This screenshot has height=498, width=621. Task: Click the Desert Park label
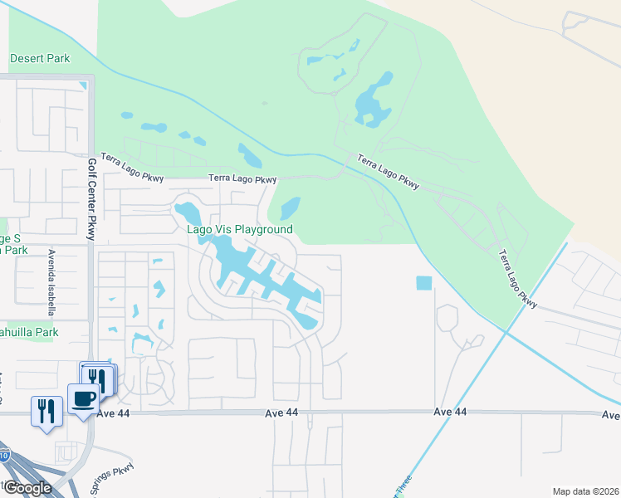[x=40, y=59]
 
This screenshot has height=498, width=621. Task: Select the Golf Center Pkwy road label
[x=91, y=198]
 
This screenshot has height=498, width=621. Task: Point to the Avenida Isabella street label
[x=51, y=273]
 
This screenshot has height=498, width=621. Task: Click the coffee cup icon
[x=83, y=399]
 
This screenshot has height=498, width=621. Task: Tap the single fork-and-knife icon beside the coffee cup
[x=45, y=410]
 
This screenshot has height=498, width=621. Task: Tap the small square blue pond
[x=424, y=283]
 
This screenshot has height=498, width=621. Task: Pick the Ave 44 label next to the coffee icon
[x=115, y=413]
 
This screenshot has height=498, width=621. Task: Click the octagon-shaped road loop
[x=447, y=319]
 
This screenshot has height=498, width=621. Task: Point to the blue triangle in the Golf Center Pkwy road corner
[x=83, y=85]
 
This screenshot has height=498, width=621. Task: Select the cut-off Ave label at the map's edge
[x=611, y=415]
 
